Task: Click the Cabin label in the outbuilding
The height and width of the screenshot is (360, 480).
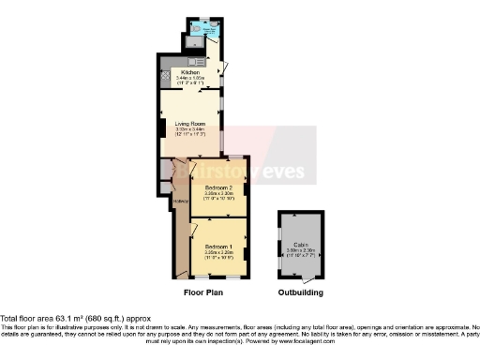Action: coord(301,242)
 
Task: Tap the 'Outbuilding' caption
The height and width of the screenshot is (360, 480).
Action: coord(301,292)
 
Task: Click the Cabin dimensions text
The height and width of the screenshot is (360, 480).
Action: coord(301,249)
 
